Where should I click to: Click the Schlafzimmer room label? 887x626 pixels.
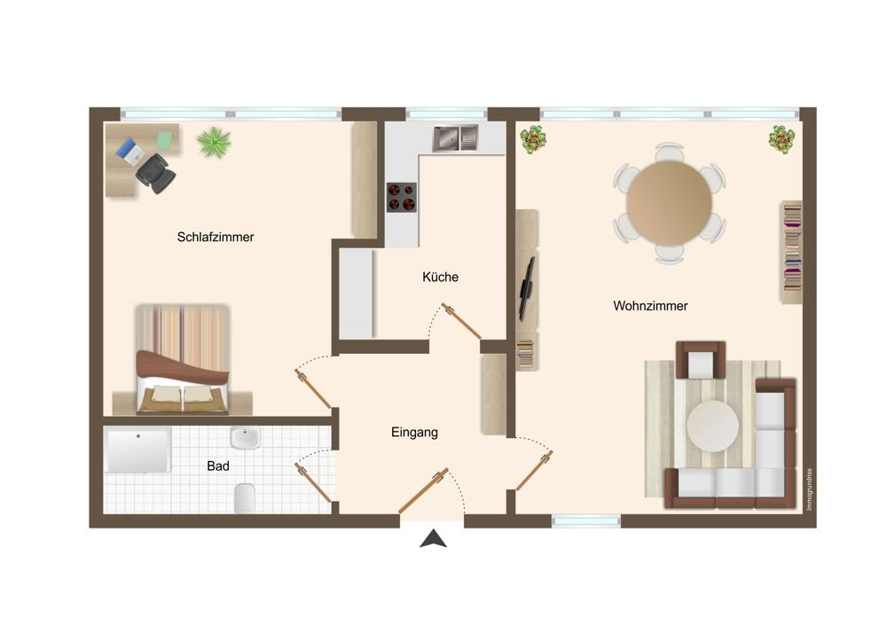pos(216,238)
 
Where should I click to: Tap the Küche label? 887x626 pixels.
pos(440,278)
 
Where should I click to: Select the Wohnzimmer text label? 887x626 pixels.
pos(650,306)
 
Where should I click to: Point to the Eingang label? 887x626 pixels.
pos(414,433)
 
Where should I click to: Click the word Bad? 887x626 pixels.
pos(218,466)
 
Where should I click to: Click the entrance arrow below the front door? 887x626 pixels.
pos(434,539)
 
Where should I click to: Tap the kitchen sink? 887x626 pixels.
pos(456,138)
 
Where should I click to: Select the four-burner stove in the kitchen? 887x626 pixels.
pos(402,198)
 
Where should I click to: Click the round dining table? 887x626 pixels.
pos(669,203)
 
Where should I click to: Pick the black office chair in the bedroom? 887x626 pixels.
pos(155,173)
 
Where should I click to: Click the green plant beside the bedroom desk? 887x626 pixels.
pos(215,141)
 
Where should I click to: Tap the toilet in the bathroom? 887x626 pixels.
pos(245,497)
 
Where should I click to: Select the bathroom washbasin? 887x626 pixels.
pos(245,438)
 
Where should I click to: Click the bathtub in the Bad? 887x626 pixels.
pos(137,450)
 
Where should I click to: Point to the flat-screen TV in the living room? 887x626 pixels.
pos(526,288)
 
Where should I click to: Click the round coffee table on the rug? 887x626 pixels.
pos(713,426)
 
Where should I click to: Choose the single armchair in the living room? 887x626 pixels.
pos(701,360)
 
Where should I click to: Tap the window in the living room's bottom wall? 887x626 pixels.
pos(586,520)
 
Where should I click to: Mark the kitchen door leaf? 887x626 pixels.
pos(461,321)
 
